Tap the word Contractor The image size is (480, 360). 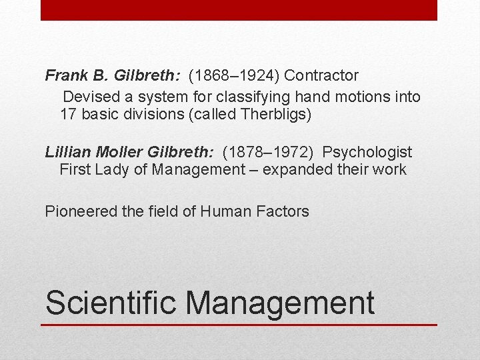(322, 76)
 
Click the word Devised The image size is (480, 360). (89, 97)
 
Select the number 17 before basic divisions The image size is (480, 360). (68, 114)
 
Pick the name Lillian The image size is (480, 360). (65, 153)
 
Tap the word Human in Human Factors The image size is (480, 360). (225, 212)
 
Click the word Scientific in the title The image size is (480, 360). (111, 302)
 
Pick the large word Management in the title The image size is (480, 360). (280, 302)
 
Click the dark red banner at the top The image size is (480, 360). (239, 10)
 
